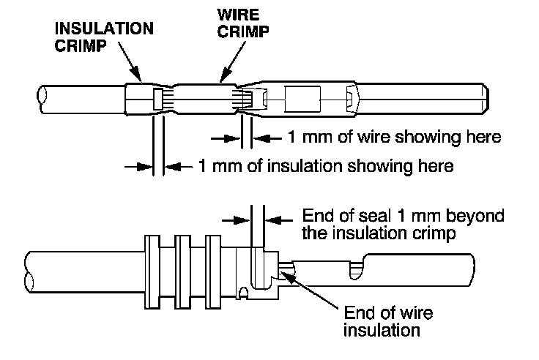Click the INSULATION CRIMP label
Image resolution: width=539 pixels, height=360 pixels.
[x=104, y=37]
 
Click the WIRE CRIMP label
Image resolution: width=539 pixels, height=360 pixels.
[x=242, y=23]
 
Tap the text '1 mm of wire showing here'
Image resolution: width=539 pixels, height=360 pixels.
[x=394, y=137]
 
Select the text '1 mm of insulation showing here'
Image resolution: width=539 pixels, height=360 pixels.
[x=326, y=166]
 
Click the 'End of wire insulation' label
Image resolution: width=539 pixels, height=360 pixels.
[x=388, y=321]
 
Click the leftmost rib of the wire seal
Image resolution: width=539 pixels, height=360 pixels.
[x=152, y=272]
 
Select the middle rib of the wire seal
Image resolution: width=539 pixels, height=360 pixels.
[x=182, y=272]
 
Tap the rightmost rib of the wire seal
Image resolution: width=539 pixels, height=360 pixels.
[x=213, y=272]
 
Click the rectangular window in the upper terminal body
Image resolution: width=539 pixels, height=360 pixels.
[x=302, y=100]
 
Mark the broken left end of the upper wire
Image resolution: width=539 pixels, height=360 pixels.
[x=42, y=100]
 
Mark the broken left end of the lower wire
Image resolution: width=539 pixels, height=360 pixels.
[x=29, y=272]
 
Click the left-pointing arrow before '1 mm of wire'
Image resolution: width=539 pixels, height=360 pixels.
[x=268, y=138]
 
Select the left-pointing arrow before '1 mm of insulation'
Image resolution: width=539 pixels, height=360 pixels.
[x=179, y=167]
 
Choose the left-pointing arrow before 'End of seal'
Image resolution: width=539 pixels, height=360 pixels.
[x=279, y=220]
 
